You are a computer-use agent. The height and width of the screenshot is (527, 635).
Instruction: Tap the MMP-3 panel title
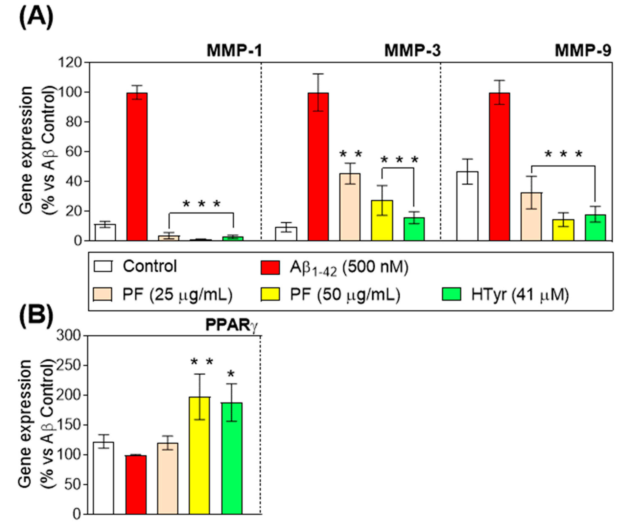tap(412, 51)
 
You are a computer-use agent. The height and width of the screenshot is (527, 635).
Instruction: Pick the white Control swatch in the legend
tap(103, 266)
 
